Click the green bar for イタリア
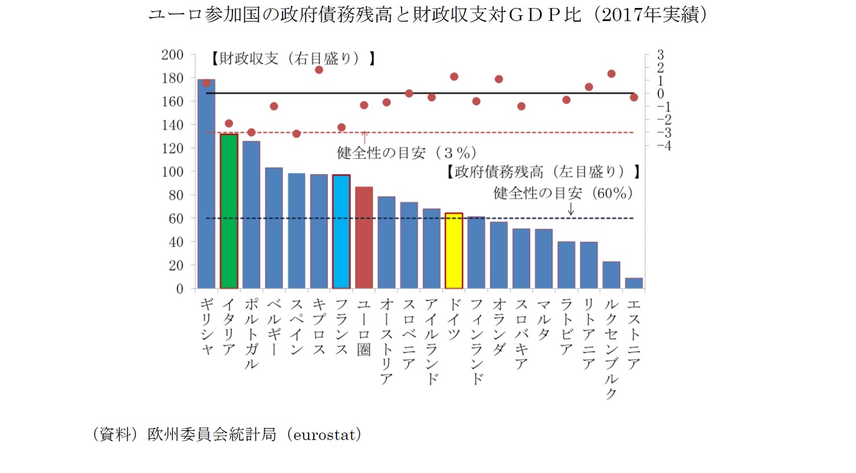tap(229, 211)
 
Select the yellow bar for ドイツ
tap(454, 251)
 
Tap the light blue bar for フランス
tap(341, 232)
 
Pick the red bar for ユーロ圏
tap(364, 237)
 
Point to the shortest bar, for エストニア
tap(634, 283)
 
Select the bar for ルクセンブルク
tap(611, 275)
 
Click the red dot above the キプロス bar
tap(319, 70)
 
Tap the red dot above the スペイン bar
tap(296, 134)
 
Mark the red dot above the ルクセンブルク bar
tap(611, 74)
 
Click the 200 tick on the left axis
tap(172, 55)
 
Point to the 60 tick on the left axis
tap(175, 219)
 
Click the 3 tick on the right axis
tap(661, 55)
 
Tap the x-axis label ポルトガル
tap(251, 334)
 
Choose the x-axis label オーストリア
tap(386, 341)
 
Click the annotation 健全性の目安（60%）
tap(563, 194)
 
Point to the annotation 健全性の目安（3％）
tap(407, 153)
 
